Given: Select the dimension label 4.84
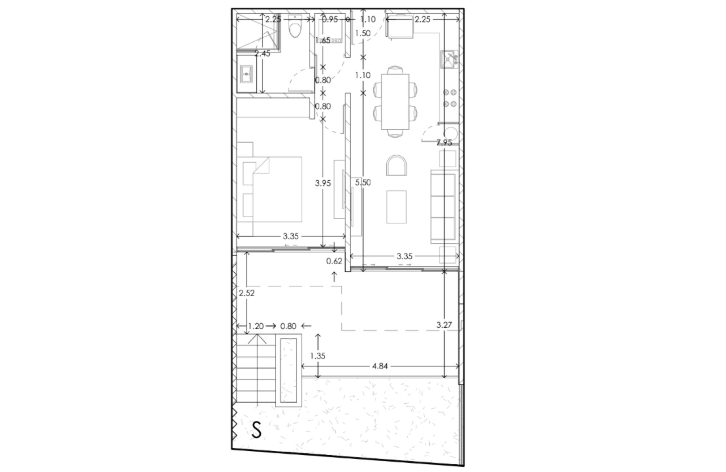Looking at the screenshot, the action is click(x=380, y=366).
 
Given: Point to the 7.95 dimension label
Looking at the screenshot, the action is click(x=444, y=143).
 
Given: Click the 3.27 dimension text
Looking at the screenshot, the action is click(x=444, y=325).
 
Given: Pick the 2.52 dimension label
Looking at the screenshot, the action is click(x=247, y=293).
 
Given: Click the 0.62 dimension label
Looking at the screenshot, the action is click(x=334, y=261).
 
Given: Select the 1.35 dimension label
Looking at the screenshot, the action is click(x=318, y=356).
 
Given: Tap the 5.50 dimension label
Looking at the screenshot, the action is click(x=363, y=183).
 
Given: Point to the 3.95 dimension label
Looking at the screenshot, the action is click(x=323, y=183).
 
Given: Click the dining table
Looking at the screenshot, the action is click(x=395, y=102).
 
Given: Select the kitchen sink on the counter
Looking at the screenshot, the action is click(x=449, y=60).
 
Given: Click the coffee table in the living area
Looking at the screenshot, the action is click(x=396, y=207).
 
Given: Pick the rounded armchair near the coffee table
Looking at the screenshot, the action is click(x=396, y=165).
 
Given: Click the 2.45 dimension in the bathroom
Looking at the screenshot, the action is click(x=262, y=54).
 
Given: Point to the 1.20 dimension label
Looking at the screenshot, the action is click(x=256, y=326).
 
